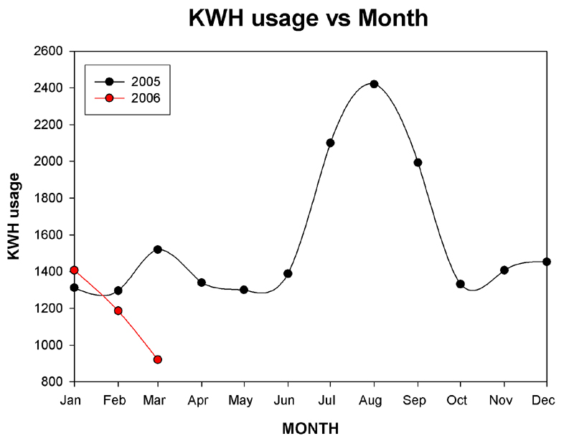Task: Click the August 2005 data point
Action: click(374, 84)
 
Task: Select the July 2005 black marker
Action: click(330, 143)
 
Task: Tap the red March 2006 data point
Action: click(158, 359)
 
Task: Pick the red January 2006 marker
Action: click(74, 270)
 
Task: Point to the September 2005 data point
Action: click(418, 163)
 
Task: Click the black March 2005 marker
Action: click(158, 250)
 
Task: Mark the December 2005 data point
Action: click(547, 262)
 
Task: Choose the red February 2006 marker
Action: click(118, 310)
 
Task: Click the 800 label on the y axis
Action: click(54, 382)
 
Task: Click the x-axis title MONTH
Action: click(309, 428)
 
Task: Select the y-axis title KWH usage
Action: click(14, 217)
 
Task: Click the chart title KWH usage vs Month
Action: click(308, 19)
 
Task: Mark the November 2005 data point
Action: click(504, 270)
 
